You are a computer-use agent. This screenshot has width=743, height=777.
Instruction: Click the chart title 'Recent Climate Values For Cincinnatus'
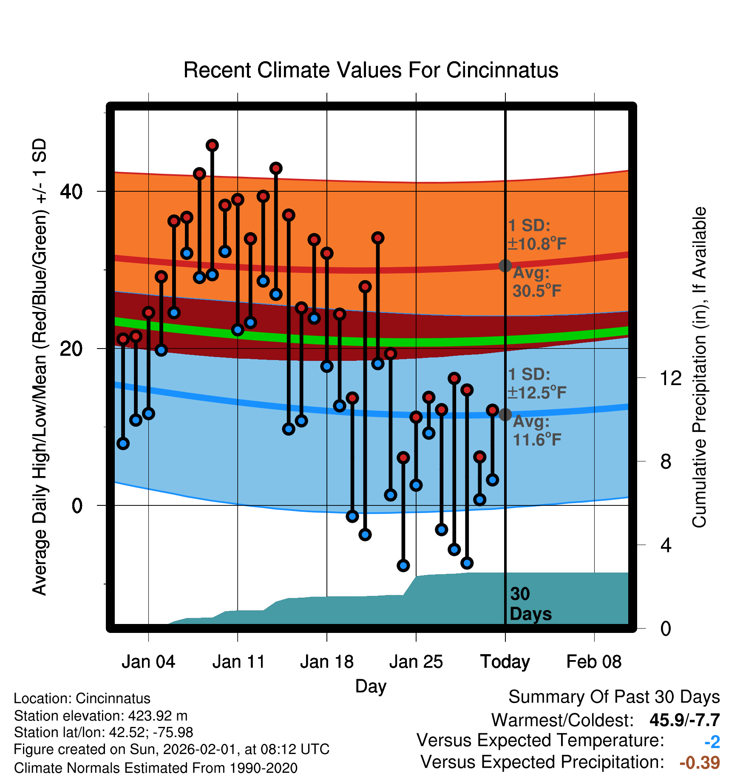(x=371, y=70)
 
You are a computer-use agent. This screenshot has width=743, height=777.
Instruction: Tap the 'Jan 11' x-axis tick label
(x=238, y=662)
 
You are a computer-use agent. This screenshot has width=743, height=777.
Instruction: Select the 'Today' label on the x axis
(x=505, y=662)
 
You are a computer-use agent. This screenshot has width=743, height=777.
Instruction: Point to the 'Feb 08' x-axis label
(x=594, y=662)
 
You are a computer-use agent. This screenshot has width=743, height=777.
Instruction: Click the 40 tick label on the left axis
(x=71, y=192)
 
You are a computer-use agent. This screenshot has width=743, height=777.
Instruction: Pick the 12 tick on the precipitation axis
(x=671, y=378)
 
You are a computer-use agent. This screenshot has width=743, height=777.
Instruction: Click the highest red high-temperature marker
(x=212, y=145)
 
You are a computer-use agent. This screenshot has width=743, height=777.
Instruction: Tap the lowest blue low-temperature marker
(x=403, y=565)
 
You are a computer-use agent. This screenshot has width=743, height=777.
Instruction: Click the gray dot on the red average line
(x=505, y=266)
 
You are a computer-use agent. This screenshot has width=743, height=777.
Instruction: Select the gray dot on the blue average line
(x=505, y=414)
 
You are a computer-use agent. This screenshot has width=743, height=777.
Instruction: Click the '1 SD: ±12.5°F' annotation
(x=537, y=383)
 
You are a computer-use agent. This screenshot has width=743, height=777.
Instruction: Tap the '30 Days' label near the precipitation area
(x=530, y=604)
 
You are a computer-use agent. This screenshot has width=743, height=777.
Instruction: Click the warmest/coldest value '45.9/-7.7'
(x=684, y=720)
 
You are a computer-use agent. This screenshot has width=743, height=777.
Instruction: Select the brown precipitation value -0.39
(x=700, y=763)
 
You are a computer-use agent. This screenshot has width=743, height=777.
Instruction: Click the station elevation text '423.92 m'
(x=158, y=716)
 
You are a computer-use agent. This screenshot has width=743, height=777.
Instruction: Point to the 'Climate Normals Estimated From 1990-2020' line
(x=156, y=768)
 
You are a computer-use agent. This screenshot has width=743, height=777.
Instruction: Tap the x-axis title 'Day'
(x=371, y=686)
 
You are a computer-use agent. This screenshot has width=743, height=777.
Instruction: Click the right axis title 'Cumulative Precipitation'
(x=699, y=367)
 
